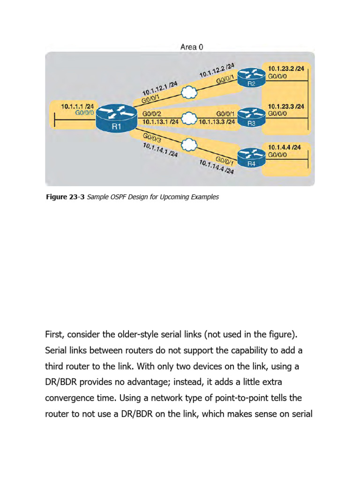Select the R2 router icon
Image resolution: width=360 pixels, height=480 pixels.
tap(251, 78)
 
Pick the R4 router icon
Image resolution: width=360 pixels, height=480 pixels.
tap(251, 157)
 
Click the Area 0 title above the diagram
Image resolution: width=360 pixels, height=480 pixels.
tap(192, 47)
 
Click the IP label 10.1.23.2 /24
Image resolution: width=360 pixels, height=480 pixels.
tap(286, 68)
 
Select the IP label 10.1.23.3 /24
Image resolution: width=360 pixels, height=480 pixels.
tap(286, 106)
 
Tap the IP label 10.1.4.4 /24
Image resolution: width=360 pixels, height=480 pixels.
tap(284, 147)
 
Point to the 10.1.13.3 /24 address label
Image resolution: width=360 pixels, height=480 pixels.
tap(217, 121)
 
